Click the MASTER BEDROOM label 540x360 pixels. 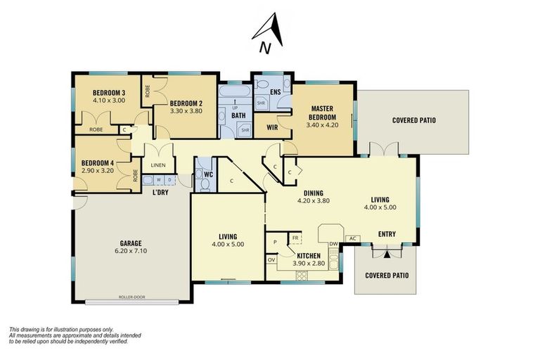coord(322,112)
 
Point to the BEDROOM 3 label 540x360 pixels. coord(109,93)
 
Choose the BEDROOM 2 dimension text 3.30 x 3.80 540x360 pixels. coord(186,110)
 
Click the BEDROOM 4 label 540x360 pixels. coord(97,163)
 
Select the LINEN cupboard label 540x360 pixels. coord(158,166)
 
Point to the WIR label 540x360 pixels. coord(268,127)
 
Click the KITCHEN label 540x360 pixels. coord(309,255)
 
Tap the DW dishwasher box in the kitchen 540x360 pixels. coord(333,244)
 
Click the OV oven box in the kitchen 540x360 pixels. coord(271,259)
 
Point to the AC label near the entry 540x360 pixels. coord(353,238)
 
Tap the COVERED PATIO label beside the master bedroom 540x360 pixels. coord(413,120)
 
